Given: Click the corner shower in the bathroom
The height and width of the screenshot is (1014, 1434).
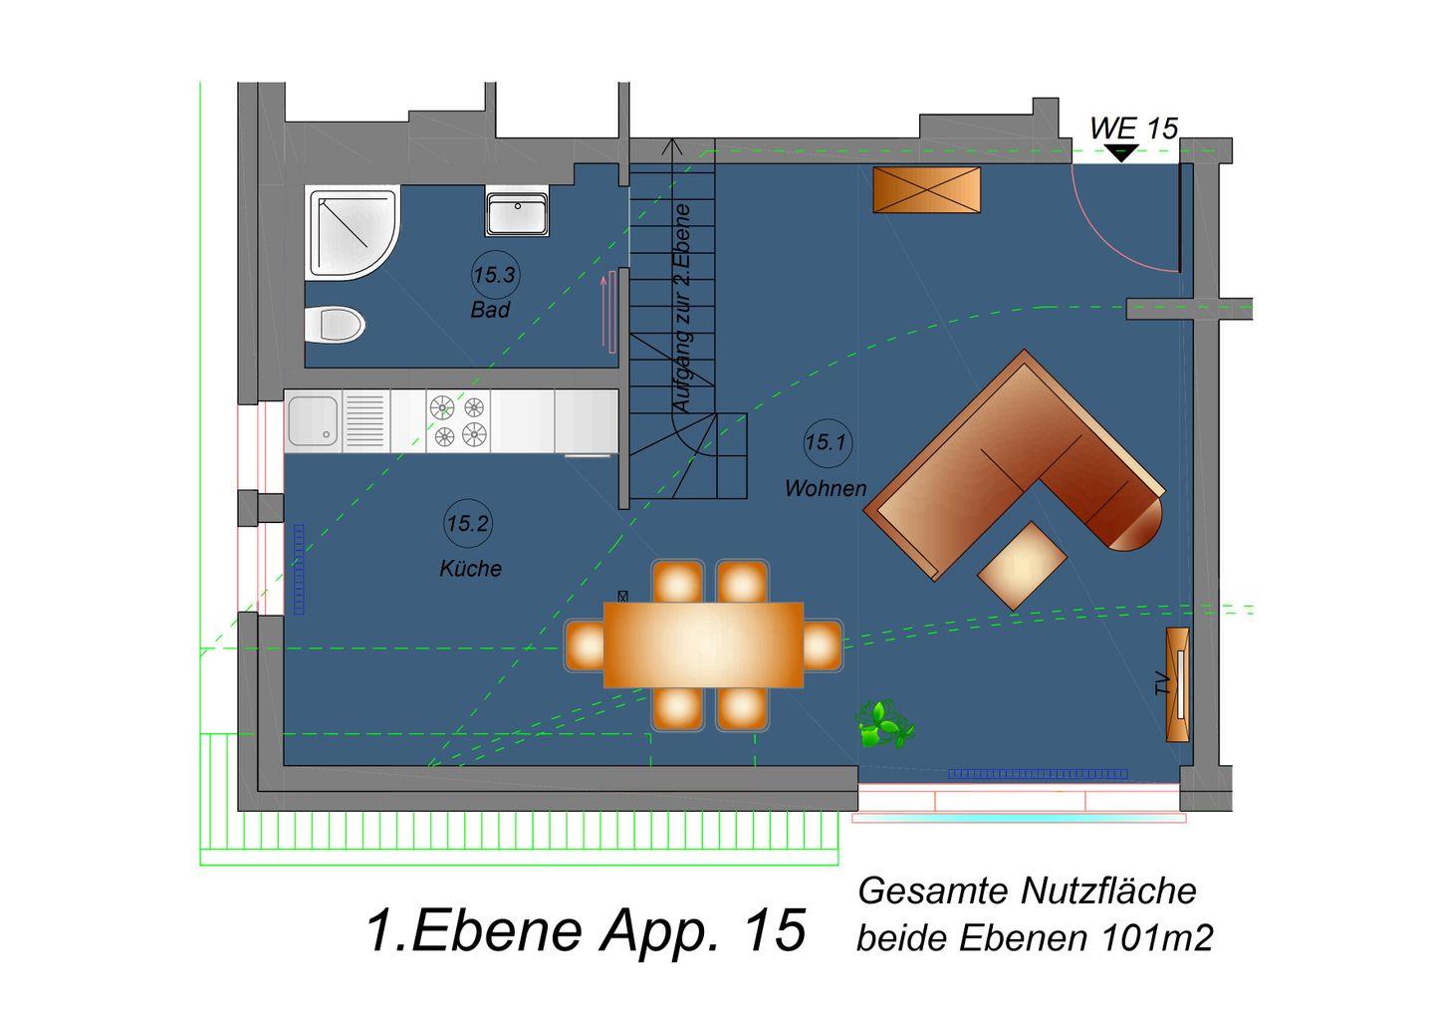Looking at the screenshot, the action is [x=353, y=233].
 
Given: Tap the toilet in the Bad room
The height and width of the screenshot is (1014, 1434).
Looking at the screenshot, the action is [x=335, y=325].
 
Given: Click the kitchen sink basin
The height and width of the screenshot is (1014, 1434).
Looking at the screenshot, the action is [x=313, y=420].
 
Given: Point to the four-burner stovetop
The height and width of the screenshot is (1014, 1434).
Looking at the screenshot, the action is [x=458, y=420].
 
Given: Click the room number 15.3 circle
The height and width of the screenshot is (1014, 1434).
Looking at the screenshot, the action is [x=494, y=275].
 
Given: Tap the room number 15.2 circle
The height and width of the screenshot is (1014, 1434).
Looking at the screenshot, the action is [x=468, y=524].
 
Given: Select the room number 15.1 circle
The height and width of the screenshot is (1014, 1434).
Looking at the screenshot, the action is [x=828, y=442].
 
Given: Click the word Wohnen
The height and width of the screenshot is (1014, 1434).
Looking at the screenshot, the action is [x=826, y=488].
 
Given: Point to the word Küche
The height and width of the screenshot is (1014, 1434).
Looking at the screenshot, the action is [x=470, y=568].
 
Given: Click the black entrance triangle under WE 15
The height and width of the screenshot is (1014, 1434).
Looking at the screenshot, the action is [x=1121, y=153].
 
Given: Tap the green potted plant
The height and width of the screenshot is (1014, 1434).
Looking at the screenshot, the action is [x=884, y=725].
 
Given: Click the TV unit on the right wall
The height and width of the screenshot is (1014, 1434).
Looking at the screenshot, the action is [x=1177, y=684].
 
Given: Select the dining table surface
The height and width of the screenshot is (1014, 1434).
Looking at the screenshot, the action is [x=703, y=644].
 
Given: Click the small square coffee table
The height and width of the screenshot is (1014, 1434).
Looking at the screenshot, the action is [x=1022, y=566].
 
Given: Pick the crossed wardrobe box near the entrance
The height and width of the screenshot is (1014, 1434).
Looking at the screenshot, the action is [x=927, y=189].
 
